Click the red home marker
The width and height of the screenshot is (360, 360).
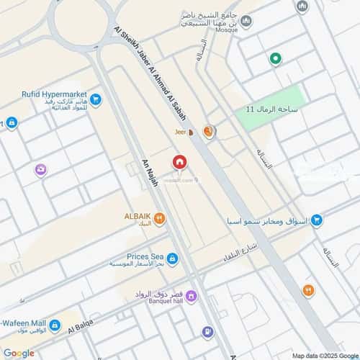[179, 163]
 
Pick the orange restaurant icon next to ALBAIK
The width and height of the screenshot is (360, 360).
[159, 219]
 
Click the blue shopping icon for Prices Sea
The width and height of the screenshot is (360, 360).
[174, 258]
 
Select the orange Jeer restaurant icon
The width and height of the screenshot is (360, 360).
[208, 131]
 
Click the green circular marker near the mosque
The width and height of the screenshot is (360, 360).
[274, 59]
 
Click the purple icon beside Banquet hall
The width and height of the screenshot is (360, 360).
[193, 295]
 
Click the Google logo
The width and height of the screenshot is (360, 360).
[19, 353]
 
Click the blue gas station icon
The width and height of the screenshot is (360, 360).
[207, 332]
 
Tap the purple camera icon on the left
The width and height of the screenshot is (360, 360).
[41, 170]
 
